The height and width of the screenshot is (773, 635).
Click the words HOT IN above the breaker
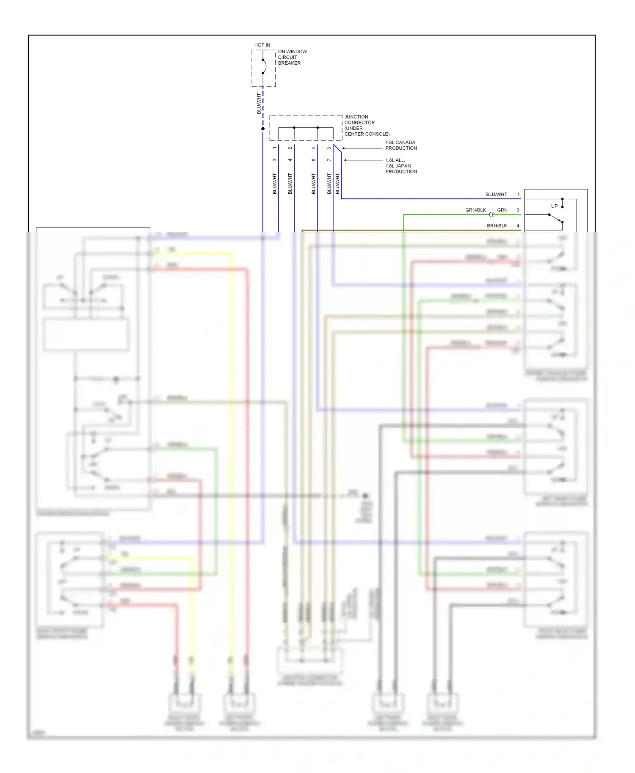tap(262, 45)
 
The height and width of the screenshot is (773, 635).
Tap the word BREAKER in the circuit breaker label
tap(289, 63)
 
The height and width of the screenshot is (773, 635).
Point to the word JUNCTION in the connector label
tap(356, 117)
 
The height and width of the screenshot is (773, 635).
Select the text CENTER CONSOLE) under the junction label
tap(367, 134)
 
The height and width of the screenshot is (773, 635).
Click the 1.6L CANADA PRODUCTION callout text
tap(400, 145)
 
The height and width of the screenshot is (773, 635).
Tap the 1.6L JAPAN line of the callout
tap(398, 166)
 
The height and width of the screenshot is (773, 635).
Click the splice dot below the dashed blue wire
tap(263, 129)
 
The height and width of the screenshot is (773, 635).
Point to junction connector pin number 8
tap(313, 160)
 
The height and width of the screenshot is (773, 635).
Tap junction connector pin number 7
tap(329, 160)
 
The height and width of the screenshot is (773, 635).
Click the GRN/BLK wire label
tap(475, 210)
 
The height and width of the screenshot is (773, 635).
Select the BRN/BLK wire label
tap(497, 226)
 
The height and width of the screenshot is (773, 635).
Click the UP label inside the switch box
tap(554, 206)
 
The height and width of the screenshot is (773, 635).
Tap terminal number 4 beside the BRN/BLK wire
tap(518, 226)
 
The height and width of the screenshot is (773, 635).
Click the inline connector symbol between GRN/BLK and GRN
tap(491, 214)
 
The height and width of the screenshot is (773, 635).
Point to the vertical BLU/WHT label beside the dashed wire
tap(259, 104)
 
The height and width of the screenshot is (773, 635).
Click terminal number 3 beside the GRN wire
tap(518, 210)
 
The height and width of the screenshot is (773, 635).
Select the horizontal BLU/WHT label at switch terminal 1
tap(496, 195)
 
